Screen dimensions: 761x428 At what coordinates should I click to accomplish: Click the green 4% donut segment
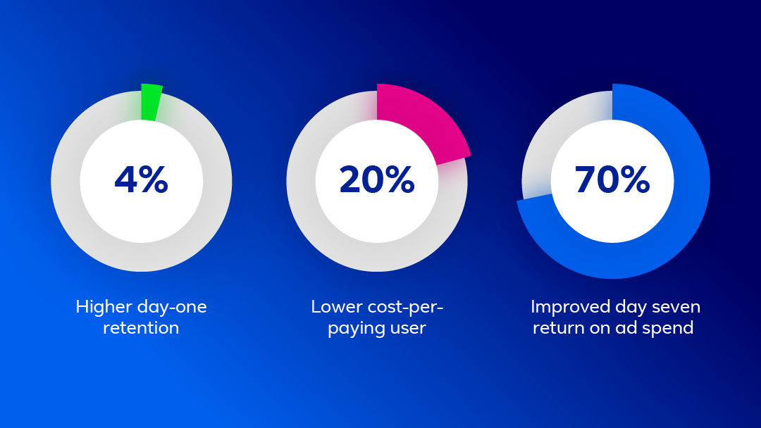pyautogui.click(x=151, y=102)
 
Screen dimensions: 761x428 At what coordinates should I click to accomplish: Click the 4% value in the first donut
pyautogui.click(x=141, y=180)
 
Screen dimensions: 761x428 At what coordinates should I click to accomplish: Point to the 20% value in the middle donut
pyautogui.click(x=376, y=180)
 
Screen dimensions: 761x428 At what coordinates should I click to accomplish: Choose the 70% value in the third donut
pyautogui.click(x=612, y=180)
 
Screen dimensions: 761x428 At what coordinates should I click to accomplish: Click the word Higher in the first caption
pyautogui.click(x=104, y=308)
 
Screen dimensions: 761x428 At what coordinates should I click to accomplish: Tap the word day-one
pyautogui.click(x=173, y=308)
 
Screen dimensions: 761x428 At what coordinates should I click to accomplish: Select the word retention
pyautogui.click(x=141, y=328)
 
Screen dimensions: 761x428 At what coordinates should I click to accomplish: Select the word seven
pyautogui.click(x=676, y=308)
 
